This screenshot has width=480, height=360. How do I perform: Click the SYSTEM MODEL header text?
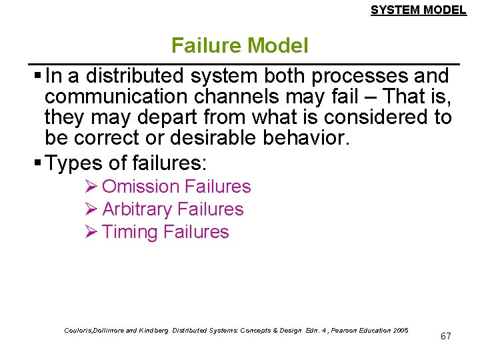click(418, 10)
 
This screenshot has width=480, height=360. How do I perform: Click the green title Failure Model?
click(239, 45)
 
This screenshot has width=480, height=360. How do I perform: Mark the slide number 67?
click(445, 336)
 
